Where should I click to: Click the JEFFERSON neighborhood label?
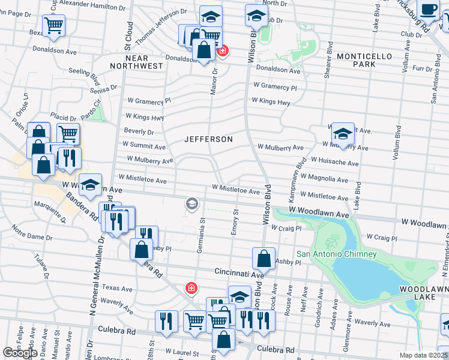(208, 139)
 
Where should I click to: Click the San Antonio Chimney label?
(336, 254)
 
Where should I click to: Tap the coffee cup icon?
(429, 10)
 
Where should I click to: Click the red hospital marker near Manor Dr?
(222, 52)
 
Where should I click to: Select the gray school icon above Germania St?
(191, 205)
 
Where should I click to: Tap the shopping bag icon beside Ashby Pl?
(264, 259)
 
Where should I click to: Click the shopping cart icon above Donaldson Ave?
(54, 26)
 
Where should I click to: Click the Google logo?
(20, 353)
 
